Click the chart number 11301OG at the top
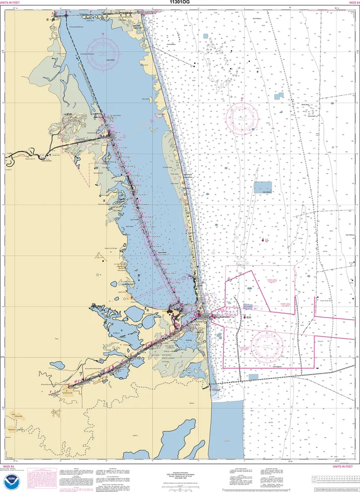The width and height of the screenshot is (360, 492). coord(180,2)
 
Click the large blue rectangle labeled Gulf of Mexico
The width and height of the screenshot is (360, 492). coord(263,187)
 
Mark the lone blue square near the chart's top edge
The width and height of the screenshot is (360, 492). coord(206,36)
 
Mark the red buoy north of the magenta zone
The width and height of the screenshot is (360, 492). coord(263,240)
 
